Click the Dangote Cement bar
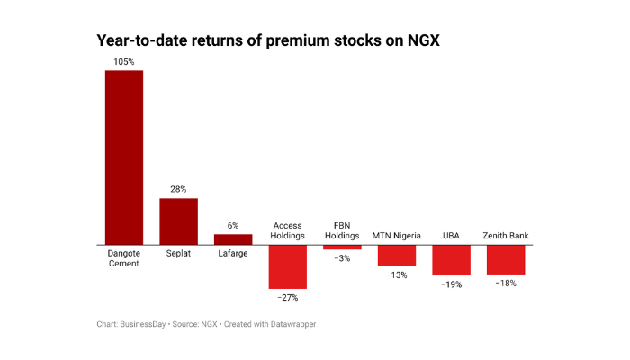pyautogui.click(x=124, y=157)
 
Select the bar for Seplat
pyautogui.click(x=178, y=220)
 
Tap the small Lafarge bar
pyautogui.click(x=233, y=238)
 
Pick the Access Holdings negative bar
pyautogui.click(x=287, y=266)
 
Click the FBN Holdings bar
pyautogui.click(x=342, y=247)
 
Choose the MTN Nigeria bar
pyautogui.click(x=396, y=255)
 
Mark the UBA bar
pyautogui.click(x=451, y=259)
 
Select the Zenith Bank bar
pyautogui.click(x=506, y=259)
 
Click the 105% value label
pyautogui.click(x=124, y=62)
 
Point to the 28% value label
pyautogui.click(x=178, y=190)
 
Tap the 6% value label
pyautogui.click(x=233, y=226)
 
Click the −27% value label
pyautogui.click(x=287, y=297)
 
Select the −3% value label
pyautogui.click(x=342, y=258)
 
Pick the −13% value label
pyautogui.click(x=396, y=274)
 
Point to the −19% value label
pyautogui.click(x=451, y=284)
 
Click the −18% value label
pyautogui.click(x=506, y=283)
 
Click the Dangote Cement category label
pyautogui.click(x=124, y=258)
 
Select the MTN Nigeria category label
pyautogui.click(x=396, y=236)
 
